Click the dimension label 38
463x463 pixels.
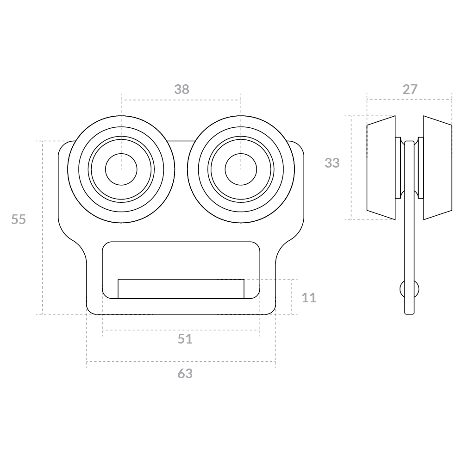click(181, 89)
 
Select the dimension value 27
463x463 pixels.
click(410, 89)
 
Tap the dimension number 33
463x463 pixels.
click(332, 163)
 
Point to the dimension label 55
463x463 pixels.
click(19, 219)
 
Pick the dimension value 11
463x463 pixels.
click(309, 298)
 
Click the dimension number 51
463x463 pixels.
click(185, 339)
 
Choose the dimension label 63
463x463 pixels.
click(185, 374)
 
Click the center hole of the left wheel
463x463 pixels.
click(121, 169)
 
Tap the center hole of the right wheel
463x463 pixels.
click(241, 169)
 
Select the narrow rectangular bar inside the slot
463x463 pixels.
click(181, 289)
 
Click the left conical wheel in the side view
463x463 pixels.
click(381, 168)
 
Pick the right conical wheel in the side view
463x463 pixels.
click(438, 168)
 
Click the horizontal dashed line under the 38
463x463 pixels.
click(181, 100)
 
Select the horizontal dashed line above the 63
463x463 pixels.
click(181, 362)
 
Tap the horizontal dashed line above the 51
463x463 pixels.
click(181, 330)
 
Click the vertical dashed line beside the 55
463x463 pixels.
click(43, 227)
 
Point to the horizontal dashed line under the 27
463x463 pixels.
click(409, 99)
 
